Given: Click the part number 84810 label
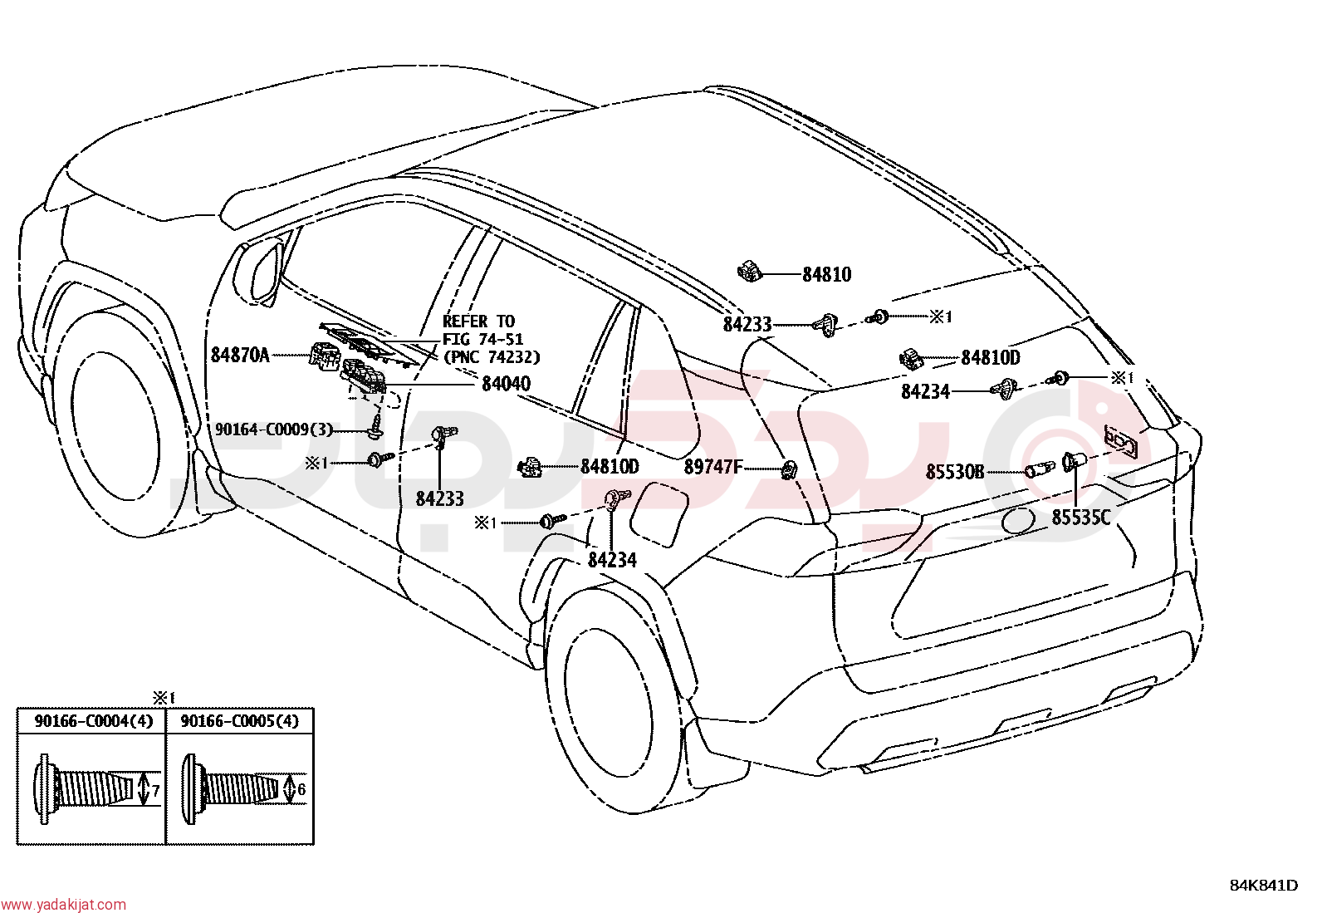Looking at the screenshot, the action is point(826,275).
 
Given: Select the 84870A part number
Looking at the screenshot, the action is point(240,355).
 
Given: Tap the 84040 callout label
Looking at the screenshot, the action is point(506,384).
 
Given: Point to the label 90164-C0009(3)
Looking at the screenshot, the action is point(274,430).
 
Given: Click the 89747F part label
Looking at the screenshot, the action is point(713,467).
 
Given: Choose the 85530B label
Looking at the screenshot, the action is point(954,472).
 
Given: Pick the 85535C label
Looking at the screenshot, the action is point(1080,518).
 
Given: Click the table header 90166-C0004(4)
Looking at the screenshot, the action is point(93,721).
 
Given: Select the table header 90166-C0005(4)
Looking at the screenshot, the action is point(240,721).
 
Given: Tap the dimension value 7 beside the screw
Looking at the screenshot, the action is point(155,790).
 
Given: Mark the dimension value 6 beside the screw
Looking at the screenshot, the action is point(301,789).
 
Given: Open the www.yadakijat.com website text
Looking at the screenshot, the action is point(63,904).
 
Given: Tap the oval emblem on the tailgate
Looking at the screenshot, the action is point(1018,520).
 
